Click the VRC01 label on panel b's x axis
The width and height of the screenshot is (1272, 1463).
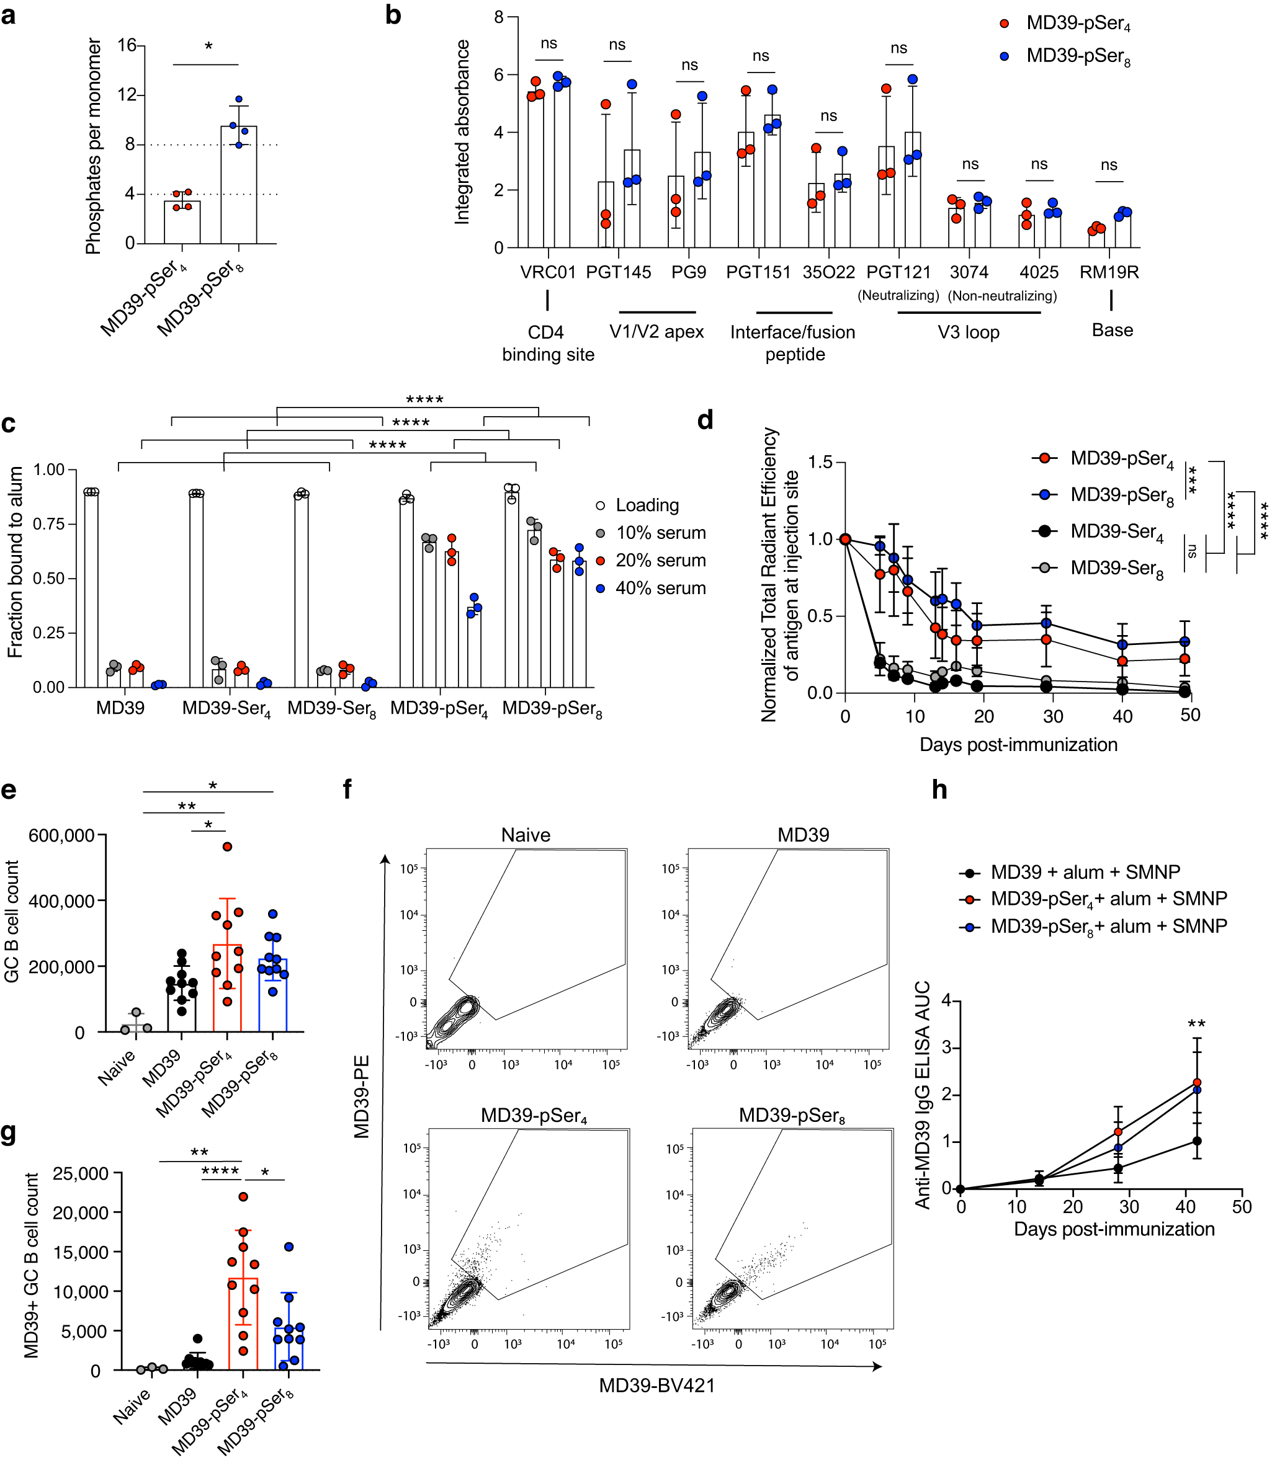coord(547,272)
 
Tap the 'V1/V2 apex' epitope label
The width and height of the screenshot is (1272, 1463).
coord(656,332)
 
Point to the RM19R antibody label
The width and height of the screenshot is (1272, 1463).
coord(1109,272)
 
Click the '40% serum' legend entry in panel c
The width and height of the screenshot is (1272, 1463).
coord(660,588)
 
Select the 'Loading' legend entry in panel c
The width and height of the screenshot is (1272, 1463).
coord(647,505)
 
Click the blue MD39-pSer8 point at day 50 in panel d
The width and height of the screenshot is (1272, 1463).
coord(1185,641)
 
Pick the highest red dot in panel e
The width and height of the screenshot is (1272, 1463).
coord(227,847)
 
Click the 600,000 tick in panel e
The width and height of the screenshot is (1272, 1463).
coord(61,836)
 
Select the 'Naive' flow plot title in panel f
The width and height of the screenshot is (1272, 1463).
coord(526,835)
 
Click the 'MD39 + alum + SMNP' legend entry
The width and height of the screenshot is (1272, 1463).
coord(1085,872)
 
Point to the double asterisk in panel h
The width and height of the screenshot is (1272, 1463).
coord(1197,1024)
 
